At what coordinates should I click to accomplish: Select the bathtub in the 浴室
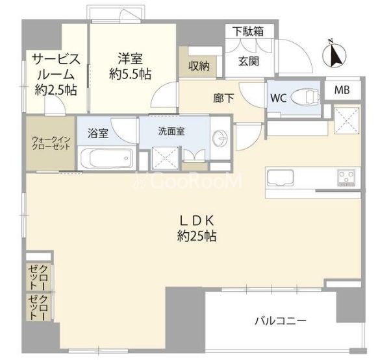point(107,158)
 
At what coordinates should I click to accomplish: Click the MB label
point(342,91)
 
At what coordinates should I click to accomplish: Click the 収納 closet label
point(199,65)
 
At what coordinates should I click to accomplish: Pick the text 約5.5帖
point(131,75)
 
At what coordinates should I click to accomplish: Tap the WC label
point(277,99)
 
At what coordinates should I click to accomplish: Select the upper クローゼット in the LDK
point(37,278)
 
